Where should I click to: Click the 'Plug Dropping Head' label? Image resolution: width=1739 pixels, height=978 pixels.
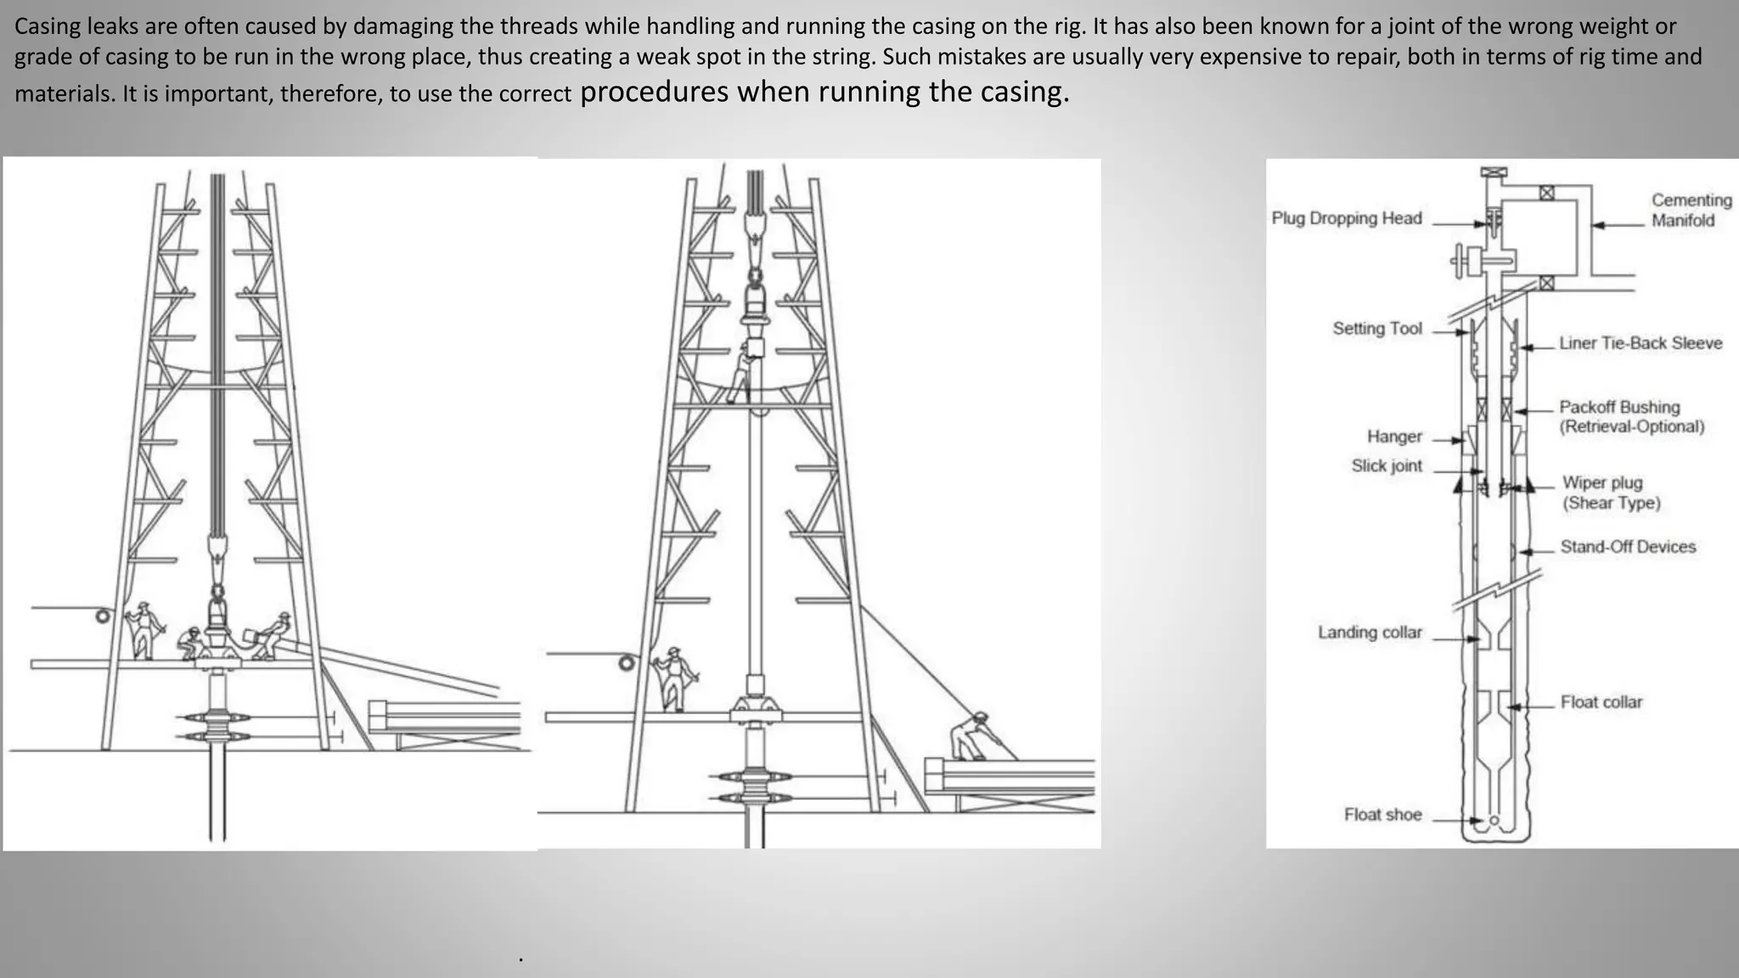(1346, 218)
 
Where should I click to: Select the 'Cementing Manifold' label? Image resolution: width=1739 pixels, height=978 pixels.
(1690, 210)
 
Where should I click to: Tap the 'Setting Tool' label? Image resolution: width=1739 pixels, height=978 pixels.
(1376, 329)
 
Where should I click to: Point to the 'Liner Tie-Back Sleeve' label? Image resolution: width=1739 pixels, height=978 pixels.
(1640, 343)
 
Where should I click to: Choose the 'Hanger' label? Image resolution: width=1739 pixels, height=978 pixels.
(1393, 436)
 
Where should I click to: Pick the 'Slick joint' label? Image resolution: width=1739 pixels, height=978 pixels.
(1386, 466)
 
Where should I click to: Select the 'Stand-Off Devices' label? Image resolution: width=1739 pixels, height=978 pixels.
(1627, 547)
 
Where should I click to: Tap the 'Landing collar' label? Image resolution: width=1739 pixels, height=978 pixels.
(1369, 632)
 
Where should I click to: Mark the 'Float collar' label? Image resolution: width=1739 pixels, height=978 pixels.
(1601, 702)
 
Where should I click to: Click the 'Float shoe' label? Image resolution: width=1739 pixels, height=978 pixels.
(1382, 815)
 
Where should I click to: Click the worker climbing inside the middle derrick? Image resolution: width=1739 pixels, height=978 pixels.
(741, 374)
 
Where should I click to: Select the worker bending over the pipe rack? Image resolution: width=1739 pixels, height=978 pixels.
(971, 735)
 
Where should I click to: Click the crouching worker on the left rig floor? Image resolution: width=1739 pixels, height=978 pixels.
(192, 644)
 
